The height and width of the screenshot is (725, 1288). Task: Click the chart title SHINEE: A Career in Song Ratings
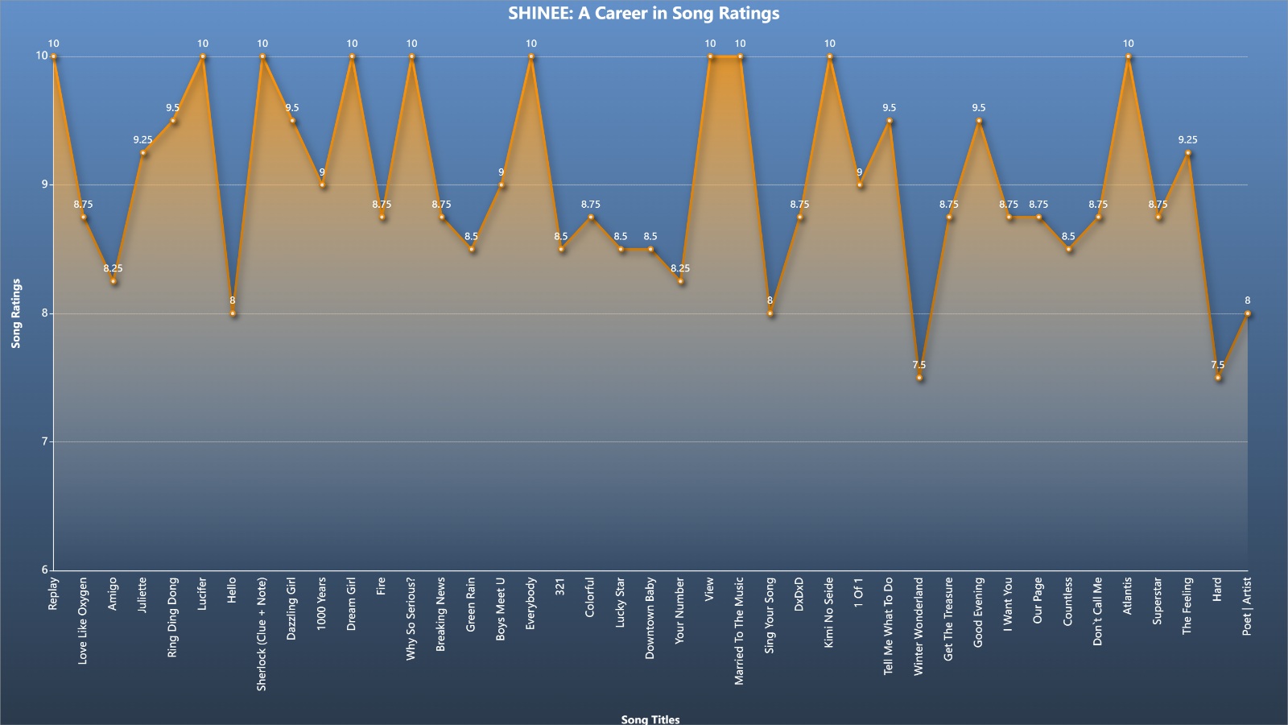click(643, 13)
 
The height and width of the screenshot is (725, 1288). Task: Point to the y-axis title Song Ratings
click(15, 313)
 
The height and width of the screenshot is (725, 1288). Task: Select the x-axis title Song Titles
click(650, 719)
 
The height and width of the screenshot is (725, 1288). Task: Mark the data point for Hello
click(233, 313)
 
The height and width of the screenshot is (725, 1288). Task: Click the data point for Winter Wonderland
click(919, 378)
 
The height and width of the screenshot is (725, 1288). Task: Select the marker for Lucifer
click(203, 56)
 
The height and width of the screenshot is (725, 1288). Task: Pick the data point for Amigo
click(114, 281)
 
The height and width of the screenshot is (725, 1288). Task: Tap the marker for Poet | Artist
click(1248, 313)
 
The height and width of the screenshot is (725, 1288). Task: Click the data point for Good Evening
click(979, 121)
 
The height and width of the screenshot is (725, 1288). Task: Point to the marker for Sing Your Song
click(770, 313)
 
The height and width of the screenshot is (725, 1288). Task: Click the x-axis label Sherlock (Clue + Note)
click(262, 634)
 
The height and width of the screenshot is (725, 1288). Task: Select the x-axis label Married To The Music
click(740, 632)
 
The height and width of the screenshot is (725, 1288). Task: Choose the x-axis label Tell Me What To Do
click(889, 626)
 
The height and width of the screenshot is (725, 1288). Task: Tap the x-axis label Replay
click(53, 594)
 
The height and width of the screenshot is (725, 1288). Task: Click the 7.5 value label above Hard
click(1218, 365)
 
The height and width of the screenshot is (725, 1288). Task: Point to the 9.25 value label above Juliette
click(142, 140)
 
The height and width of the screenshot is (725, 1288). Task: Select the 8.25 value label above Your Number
click(680, 268)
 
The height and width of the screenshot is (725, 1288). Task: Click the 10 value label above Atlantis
click(1129, 43)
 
